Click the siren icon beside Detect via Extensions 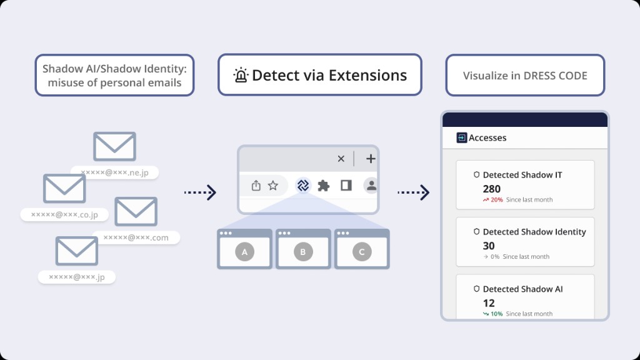coord(241,76)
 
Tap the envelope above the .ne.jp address coord(114,146)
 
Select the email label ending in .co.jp coord(64,214)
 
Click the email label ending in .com coord(136,237)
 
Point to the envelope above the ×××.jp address coord(77,251)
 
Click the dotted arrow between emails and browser coord(200,192)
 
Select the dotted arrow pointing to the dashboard coord(414,192)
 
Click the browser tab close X coord(341,159)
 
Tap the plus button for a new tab coord(371,159)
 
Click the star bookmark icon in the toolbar coord(273,185)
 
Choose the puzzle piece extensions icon coord(324,185)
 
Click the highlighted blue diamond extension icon coord(303,185)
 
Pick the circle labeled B coord(303,252)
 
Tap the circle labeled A coord(244,252)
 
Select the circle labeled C coord(362,252)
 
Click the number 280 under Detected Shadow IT coord(492,189)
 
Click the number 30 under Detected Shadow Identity coord(489,246)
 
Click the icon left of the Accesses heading coord(462,137)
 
